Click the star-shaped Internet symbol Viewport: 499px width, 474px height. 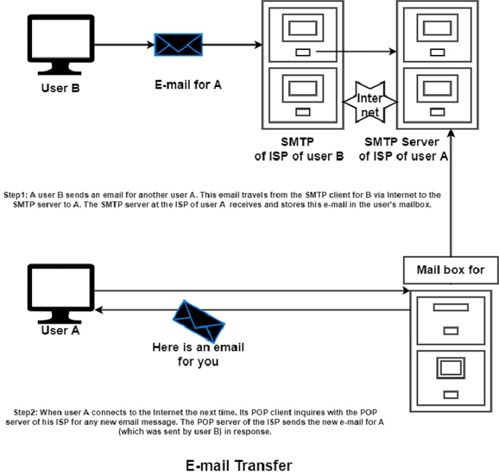pyautogui.click(x=369, y=101)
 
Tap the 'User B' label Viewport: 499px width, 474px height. pyautogui.click(x=60, y=89)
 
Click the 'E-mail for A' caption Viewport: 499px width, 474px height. pyautogui.click(x=188, y=85)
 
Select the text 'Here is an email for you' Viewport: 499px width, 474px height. pyautogui.click(x=198, y=354)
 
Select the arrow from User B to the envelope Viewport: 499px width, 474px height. pyautogui.click(x=123, y=44)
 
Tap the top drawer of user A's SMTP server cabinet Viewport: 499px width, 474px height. pyautogui.click(x=437, y=34)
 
